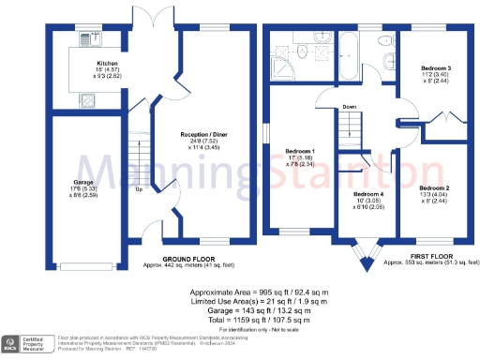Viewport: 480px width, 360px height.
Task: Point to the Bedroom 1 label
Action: (x=300, y=151)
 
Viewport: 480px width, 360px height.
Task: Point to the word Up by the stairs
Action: (x=140, y=188)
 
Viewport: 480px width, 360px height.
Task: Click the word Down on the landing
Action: (x=348, y=106)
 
